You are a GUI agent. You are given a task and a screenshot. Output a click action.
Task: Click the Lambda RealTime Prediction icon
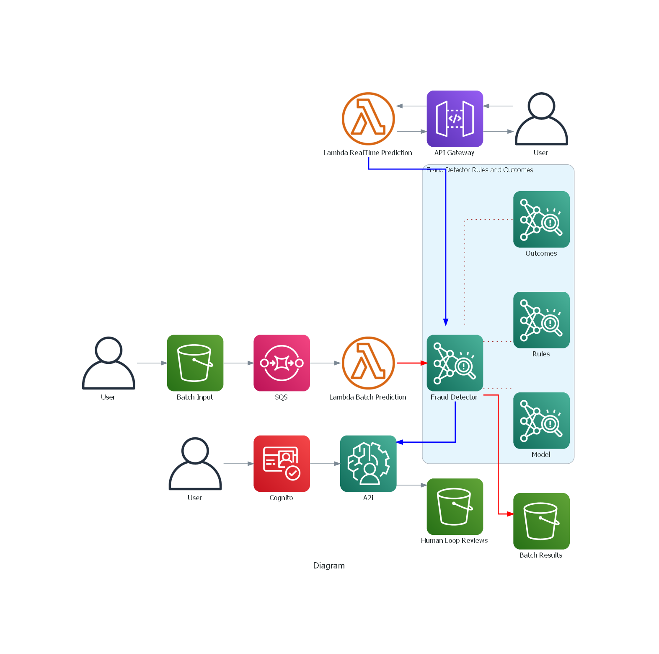pos(368,119)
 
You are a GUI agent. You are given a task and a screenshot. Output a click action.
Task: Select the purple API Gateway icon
pos(455,119)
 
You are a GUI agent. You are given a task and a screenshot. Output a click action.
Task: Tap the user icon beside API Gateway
pos(541,119)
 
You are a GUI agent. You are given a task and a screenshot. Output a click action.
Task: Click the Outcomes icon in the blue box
pos(541,219)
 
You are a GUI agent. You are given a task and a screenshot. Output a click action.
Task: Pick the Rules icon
pos(541,320)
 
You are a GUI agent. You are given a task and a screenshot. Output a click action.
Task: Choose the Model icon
pos(541,420)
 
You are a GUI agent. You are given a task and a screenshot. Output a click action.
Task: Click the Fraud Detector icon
pos(455,363)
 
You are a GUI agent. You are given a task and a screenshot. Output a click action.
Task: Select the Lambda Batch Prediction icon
pos(368,363)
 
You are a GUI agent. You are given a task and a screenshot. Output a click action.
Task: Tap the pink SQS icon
pos(282,363)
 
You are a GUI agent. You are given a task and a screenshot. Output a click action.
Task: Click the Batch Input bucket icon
pos(195,363)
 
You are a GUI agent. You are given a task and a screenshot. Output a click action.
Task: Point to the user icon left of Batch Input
pos(109,363)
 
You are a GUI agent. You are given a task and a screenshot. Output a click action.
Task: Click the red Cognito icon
pos(282,464)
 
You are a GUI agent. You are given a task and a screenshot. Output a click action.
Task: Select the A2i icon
pos(368,464)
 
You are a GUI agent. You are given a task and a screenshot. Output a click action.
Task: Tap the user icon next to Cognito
pos(195,464)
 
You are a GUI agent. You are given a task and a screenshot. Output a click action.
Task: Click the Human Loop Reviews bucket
pos(455,506)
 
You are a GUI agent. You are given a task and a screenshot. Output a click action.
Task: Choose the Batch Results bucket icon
pos(541,521)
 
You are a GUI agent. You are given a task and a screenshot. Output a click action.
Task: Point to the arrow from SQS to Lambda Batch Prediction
pos(325,363)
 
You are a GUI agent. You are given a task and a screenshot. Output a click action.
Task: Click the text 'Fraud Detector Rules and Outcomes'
pos(480,170)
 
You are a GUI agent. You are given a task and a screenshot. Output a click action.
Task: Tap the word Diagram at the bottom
pos(329,566)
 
